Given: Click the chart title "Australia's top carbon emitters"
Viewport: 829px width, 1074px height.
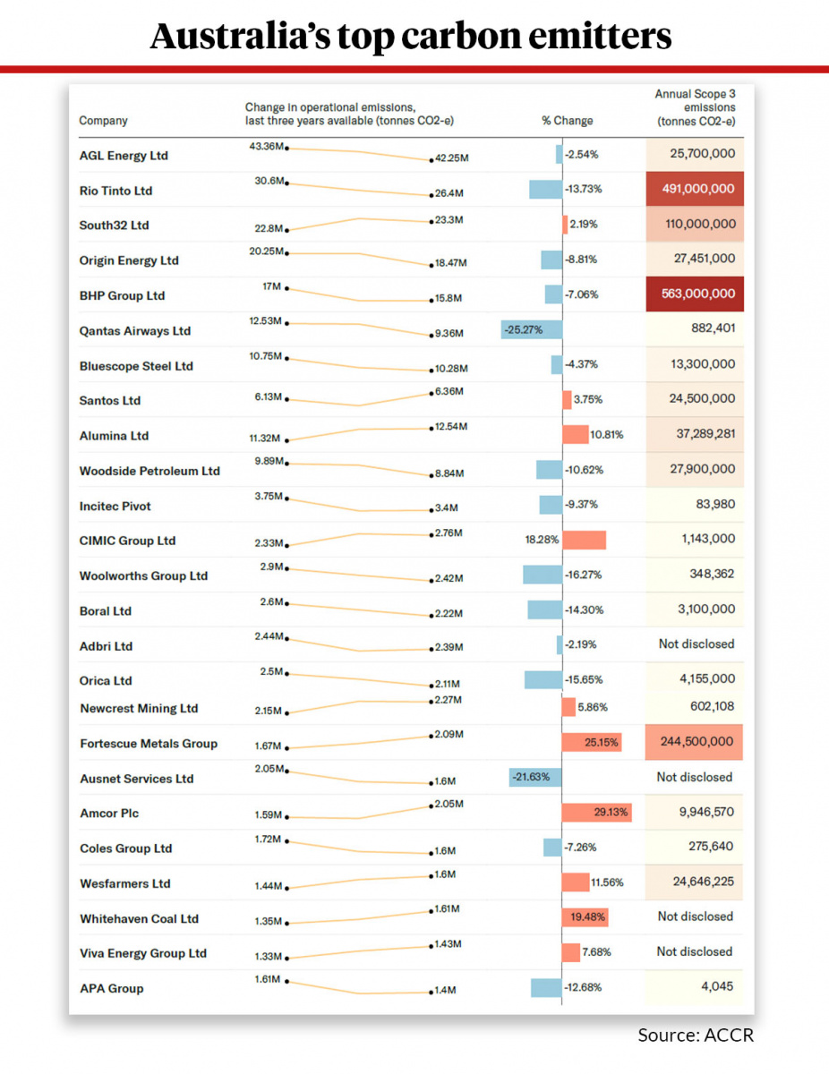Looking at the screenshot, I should click(411, 36).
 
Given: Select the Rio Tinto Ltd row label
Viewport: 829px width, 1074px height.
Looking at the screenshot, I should click(115, 191).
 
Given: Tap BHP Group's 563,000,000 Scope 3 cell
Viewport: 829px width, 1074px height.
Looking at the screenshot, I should click(694, 294).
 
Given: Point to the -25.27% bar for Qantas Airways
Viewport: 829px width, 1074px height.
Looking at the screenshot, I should click(532, 330).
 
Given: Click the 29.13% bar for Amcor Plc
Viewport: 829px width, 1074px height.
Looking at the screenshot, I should click(597, 813).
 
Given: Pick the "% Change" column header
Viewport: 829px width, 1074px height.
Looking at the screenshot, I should click(567, 121).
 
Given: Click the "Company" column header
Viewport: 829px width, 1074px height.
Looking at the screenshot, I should click(103, 121).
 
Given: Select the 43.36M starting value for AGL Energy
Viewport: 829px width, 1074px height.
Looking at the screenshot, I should click(267, 146).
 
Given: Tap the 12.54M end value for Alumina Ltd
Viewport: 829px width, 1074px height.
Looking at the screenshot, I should click(450, 427).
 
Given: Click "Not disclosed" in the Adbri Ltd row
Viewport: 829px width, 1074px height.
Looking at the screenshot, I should click(695, 644).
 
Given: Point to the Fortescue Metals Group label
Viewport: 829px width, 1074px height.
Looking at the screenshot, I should click(149, 744).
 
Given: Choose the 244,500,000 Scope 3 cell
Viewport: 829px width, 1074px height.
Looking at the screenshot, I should click(694, 742).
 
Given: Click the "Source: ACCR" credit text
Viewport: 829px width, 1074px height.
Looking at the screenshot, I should click(696, 1036).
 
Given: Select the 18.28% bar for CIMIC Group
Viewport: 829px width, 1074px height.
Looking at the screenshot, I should click(584, 541).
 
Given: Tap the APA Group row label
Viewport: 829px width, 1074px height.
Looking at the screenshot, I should click(111, 989).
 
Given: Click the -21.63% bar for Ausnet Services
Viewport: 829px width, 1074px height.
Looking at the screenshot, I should click(534, 777).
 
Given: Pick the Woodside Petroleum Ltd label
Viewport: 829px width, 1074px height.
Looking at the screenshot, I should click(150, 471).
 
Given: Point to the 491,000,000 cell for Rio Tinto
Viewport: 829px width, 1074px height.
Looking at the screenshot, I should click(694, 189).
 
